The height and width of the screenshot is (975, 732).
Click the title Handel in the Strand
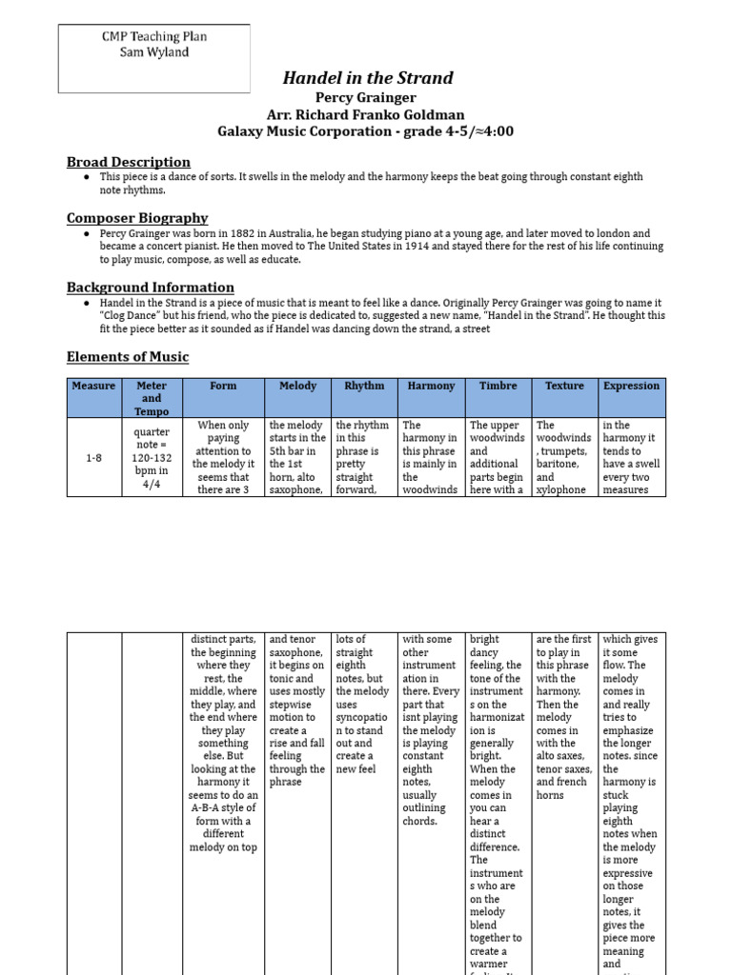pos(367,78)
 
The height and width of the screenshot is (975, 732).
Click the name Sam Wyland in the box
pos(154,52)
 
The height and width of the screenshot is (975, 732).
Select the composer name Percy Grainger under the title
pos(367,97)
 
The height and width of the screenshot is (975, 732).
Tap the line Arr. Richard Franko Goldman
pos(367,114)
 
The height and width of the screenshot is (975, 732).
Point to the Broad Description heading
pos(128,162)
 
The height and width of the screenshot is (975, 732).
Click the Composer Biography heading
pos(137,218)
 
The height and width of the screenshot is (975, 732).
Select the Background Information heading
pos(150,287)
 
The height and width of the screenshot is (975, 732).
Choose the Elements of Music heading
pos(128,356)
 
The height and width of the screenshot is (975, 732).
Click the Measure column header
pos(93,386)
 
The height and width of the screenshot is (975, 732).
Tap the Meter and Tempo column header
pos(152,398)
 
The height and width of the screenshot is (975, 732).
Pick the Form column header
pos(223,386)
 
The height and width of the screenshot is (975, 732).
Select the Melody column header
pos(297,386)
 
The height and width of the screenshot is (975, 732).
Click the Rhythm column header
pos(364,386)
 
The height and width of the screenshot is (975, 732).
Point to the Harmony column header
pos(431,386)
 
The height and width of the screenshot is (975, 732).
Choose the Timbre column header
pos(498,386)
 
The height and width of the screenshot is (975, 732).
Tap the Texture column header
pos(564,386)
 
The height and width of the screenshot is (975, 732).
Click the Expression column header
pos(631,386)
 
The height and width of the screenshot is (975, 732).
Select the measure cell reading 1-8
pos(93,457)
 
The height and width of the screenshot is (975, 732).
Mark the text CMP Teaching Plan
pos(154,37)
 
